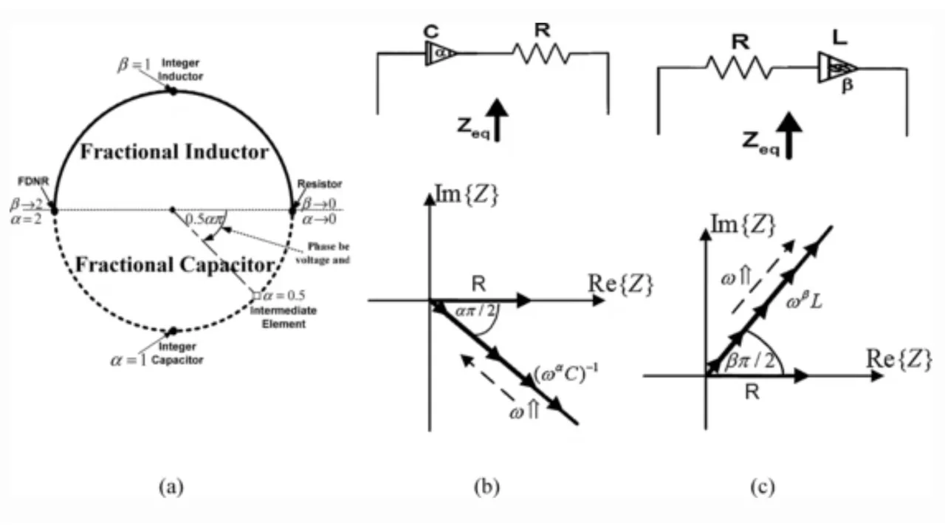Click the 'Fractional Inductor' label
pyautogui.click(x=174, y=152)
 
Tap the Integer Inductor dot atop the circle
pyautogui.click(x=172, y=91)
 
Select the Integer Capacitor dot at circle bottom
pyautogui.click(x=173, y=331)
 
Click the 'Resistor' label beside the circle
pyautogui.click(x=315, y=183)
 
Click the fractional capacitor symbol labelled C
pyautogui.click(x=441, y=53)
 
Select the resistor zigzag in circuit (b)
pyautogui.click(x=541, y=53)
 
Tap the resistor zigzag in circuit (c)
pyautogui.click(x=738, y=69)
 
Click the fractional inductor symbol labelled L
pyautogui.click(x=834, y=67)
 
